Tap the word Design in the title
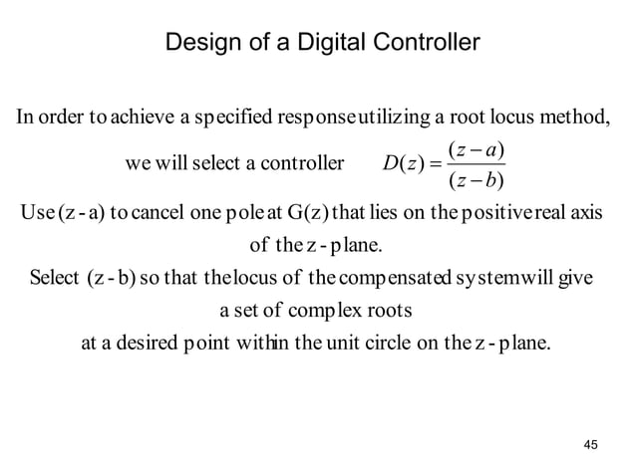199,44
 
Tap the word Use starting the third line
38,214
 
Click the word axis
595,214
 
